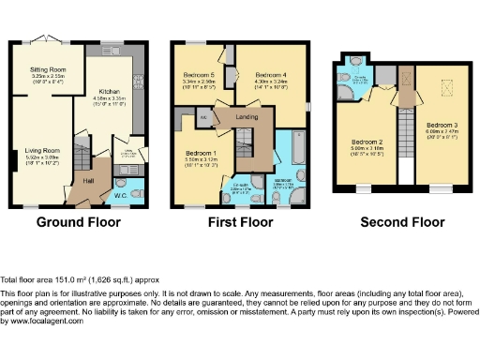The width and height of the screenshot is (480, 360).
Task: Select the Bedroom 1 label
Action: pos(202,153)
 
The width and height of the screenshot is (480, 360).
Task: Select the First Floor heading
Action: pos(244,223)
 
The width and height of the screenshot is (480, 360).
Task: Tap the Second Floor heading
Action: pos(403,223)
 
